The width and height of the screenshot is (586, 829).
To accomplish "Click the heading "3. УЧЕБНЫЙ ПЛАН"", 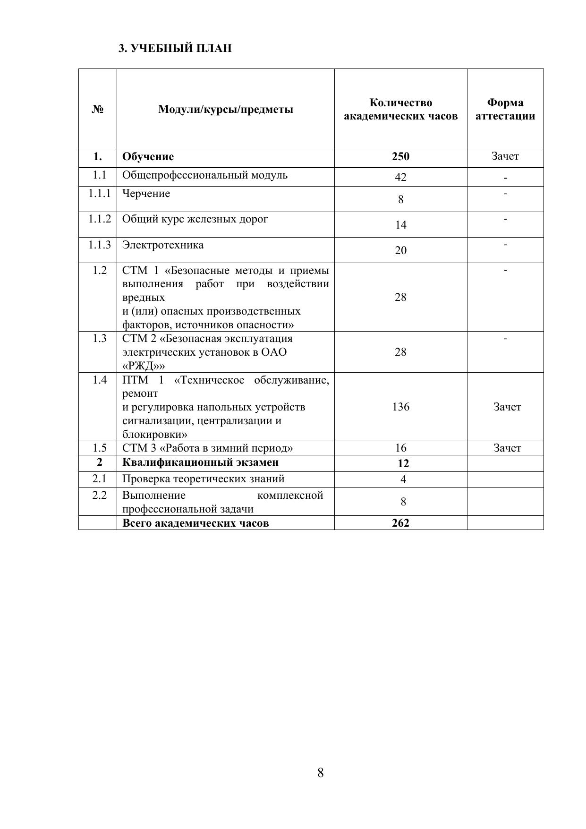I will point(175,48).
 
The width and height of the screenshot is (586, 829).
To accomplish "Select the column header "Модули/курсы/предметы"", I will point(226,110).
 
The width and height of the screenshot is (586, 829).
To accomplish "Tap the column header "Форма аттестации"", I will point(505,110).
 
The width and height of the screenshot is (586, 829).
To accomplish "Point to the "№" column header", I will point(98,110).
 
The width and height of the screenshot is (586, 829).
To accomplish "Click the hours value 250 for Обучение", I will point(400,157).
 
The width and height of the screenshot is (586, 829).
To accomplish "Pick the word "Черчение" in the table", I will point(146,194).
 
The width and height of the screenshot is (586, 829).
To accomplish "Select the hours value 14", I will point(400,225).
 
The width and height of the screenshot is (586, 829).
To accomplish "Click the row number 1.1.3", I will point(100,245).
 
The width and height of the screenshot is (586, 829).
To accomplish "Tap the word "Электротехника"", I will point(163,245).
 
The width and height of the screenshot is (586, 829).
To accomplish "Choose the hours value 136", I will point(400,407).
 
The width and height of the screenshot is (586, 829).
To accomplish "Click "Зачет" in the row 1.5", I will point(507,448).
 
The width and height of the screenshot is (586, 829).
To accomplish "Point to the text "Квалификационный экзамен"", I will point(200,462).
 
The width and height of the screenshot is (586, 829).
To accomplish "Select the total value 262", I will point(400,523).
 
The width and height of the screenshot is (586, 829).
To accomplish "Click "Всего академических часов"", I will point(195,523).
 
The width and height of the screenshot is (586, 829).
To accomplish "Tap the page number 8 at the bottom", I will point(321,773).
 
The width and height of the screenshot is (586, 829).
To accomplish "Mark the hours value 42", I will point(400,177).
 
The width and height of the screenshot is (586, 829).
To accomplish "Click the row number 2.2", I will point(100,495).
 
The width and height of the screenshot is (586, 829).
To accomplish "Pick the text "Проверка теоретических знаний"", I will point(203,479).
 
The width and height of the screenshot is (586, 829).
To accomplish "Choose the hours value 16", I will point(400,448).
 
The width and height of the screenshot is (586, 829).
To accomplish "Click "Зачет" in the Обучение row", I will point(505,156).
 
